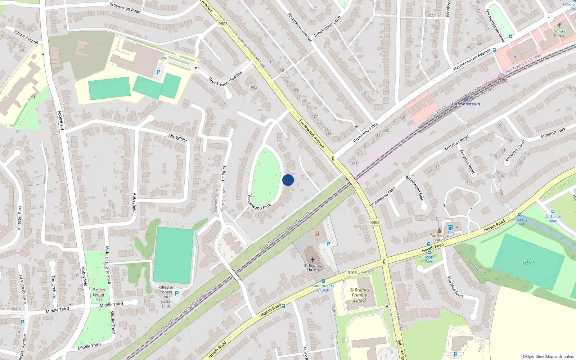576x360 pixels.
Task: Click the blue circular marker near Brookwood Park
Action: point(288,180)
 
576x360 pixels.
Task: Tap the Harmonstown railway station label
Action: point(466,104)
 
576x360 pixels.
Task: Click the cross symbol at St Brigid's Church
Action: point(312,260)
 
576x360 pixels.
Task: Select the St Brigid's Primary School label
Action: point(359,295)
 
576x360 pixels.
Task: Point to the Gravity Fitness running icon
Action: point(559,25)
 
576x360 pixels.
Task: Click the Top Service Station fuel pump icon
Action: point(450,227)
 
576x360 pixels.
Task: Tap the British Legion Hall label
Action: point(99,294)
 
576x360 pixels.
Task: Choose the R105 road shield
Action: point(352,273)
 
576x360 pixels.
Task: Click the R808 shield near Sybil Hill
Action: point(375,222)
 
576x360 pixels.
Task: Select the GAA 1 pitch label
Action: point(528,262)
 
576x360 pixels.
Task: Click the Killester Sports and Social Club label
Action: point(166,297)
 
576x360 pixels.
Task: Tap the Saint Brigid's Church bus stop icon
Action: point(323,281)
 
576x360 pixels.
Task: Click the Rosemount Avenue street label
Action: point(300,27)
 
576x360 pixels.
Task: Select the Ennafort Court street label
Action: point(516,150)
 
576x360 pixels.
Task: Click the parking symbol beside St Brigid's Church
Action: point(328,244)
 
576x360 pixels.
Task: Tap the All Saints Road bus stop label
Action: point(519,221)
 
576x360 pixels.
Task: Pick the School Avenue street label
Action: point(26,36)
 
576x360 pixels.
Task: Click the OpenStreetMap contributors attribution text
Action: point(548,356)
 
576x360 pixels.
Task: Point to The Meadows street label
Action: point(455,287)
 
